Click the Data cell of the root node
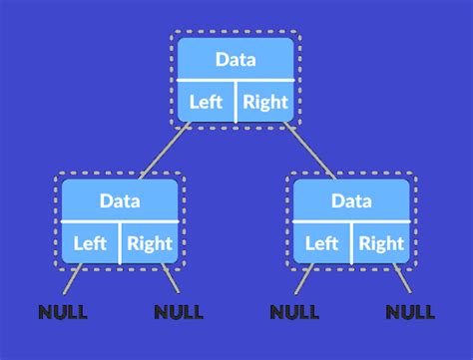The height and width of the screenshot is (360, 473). click(x=236, y=59)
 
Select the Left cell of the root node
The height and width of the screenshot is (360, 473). click(x=207, y=101)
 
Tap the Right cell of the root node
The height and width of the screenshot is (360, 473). click(x=264, y=101)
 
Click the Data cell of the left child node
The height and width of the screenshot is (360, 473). click(x=120, y=200)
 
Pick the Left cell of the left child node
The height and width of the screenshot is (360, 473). click(x=91, y=242)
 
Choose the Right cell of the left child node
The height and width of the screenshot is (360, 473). click(x=150, y=242)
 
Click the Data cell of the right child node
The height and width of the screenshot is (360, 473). click(x=351, y=200)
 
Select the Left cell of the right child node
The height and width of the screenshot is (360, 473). click(x=321, y=242)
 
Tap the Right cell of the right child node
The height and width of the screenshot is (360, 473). click(x=381, y=242)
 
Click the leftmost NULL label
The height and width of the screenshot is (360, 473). click(x=63, y=312)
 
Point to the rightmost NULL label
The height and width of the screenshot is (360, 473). click(x=410, y=312)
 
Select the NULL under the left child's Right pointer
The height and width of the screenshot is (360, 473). click(x=179, y=312)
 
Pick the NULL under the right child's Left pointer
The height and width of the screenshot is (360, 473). click(x=294, y=312)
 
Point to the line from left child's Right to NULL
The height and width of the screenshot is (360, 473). click(x=167, y=284)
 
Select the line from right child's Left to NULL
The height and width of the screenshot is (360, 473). click(x=305, y=284)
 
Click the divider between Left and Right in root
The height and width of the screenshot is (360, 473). click(x=236, y=101)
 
